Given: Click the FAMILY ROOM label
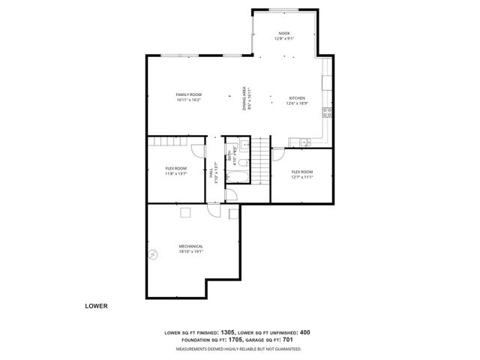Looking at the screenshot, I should click(x=189, y=94).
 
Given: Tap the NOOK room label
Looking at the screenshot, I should click(x=283, y=33).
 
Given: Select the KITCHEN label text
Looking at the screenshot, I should click(x=298, y=98).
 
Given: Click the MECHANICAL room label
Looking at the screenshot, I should click(x=190, y=246).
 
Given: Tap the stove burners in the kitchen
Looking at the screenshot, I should click(x=327, y=113).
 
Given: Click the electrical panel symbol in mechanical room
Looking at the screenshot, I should click(x=154, y=254).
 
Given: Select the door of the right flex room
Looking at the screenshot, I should click(x=277, y=155).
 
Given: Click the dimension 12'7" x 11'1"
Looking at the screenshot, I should click(x=301, y=178).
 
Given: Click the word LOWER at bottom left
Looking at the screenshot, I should click(x=96, y=306).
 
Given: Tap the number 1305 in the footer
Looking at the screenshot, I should click(x=228, y=331).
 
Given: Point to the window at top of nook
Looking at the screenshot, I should click(x=284, y=10).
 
